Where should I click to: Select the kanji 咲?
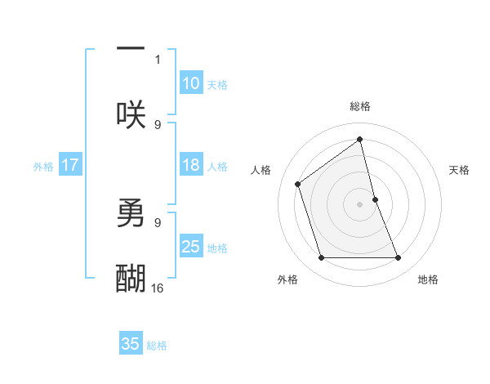131,114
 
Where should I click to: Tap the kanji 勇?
131,214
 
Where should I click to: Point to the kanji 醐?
131,279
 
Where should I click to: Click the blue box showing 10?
190,83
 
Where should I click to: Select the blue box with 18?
190,165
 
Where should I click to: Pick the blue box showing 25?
190,247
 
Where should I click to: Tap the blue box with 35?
131,344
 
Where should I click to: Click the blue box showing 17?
70,165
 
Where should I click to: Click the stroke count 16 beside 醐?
158,288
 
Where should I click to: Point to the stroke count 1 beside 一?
158,60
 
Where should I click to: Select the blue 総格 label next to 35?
157,346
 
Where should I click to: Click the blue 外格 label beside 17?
43,167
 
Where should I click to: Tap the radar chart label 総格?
360,106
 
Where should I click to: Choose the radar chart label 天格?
460,170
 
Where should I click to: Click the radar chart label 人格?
261,170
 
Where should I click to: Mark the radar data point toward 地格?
399,258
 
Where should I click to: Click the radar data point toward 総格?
360,140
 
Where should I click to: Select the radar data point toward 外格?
321,258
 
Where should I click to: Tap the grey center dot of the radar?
360,204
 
